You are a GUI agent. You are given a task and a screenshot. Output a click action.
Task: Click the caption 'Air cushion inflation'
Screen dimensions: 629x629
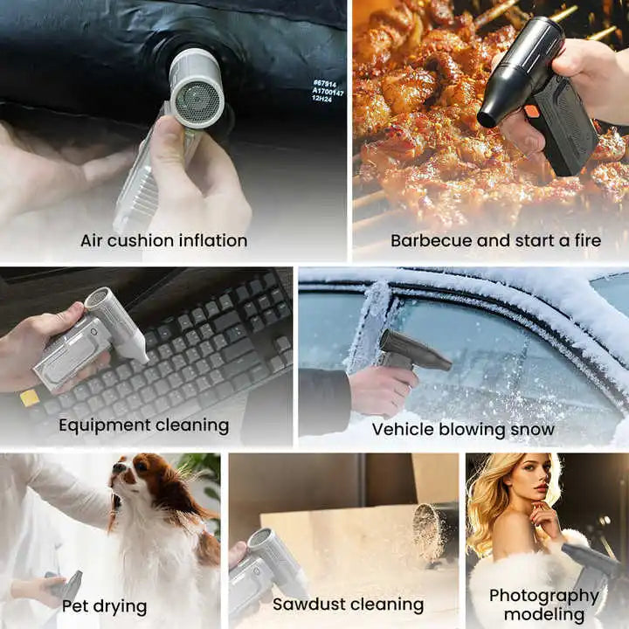163,240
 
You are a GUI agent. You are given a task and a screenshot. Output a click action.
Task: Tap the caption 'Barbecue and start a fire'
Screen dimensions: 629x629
495,240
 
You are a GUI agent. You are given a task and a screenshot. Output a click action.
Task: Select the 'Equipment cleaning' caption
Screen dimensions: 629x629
143,425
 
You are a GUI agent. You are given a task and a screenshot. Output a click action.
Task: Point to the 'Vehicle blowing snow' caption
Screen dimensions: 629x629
462,429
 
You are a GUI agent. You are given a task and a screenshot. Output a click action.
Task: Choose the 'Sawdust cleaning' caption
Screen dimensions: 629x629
348,604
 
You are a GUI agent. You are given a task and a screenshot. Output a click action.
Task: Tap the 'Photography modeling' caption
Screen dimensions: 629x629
543,605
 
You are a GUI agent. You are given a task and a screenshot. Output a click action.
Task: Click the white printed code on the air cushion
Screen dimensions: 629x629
328,91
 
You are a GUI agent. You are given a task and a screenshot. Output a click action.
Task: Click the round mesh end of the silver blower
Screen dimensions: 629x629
197,100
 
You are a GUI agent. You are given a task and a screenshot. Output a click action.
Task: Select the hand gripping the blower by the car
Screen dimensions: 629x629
381,389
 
